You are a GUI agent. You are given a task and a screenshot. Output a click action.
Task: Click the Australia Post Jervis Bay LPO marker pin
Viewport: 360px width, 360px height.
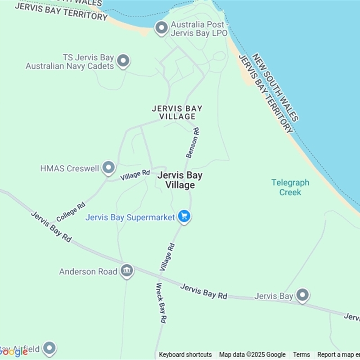tap(161, 28)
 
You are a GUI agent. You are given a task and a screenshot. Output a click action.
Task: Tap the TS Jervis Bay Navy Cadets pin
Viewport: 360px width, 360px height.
tap(123, 61)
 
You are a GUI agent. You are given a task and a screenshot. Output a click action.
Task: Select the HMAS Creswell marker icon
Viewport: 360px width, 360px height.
tap(108, 168)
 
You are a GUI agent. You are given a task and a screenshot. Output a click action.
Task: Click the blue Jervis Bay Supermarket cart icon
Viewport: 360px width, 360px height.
tap(184, 216)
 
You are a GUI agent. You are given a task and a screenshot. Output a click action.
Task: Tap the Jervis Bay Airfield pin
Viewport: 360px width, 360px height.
tap(49, 348)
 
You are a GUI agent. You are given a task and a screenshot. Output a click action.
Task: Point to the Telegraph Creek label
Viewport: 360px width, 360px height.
tap(290, 187)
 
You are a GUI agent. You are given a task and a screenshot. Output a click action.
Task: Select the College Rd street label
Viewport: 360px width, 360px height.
tap(71, 212)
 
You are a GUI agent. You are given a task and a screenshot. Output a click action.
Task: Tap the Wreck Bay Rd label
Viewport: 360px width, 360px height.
tap(161, 303)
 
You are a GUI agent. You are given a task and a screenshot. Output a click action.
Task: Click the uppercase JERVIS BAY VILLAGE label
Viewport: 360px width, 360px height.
tap(177, 112)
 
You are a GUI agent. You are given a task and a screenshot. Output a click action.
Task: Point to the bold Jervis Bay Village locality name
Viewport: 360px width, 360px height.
tap(180, 180)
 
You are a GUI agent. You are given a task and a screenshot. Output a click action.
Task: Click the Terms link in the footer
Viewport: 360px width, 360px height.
tap(301, 355)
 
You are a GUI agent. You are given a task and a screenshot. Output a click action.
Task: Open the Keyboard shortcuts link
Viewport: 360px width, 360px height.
tap(185, 355)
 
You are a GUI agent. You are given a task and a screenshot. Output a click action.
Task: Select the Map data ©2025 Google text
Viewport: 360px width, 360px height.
tap(252, 355)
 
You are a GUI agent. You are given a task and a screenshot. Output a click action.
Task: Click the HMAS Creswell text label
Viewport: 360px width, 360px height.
tap(69, 168)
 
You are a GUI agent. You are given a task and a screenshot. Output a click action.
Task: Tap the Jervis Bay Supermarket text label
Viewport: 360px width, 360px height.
tap(130, 217)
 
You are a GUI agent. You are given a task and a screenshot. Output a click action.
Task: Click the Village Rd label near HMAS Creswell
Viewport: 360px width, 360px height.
tap(135, 175)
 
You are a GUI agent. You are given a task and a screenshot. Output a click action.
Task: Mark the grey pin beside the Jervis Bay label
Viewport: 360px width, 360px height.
tap(303, 295)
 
